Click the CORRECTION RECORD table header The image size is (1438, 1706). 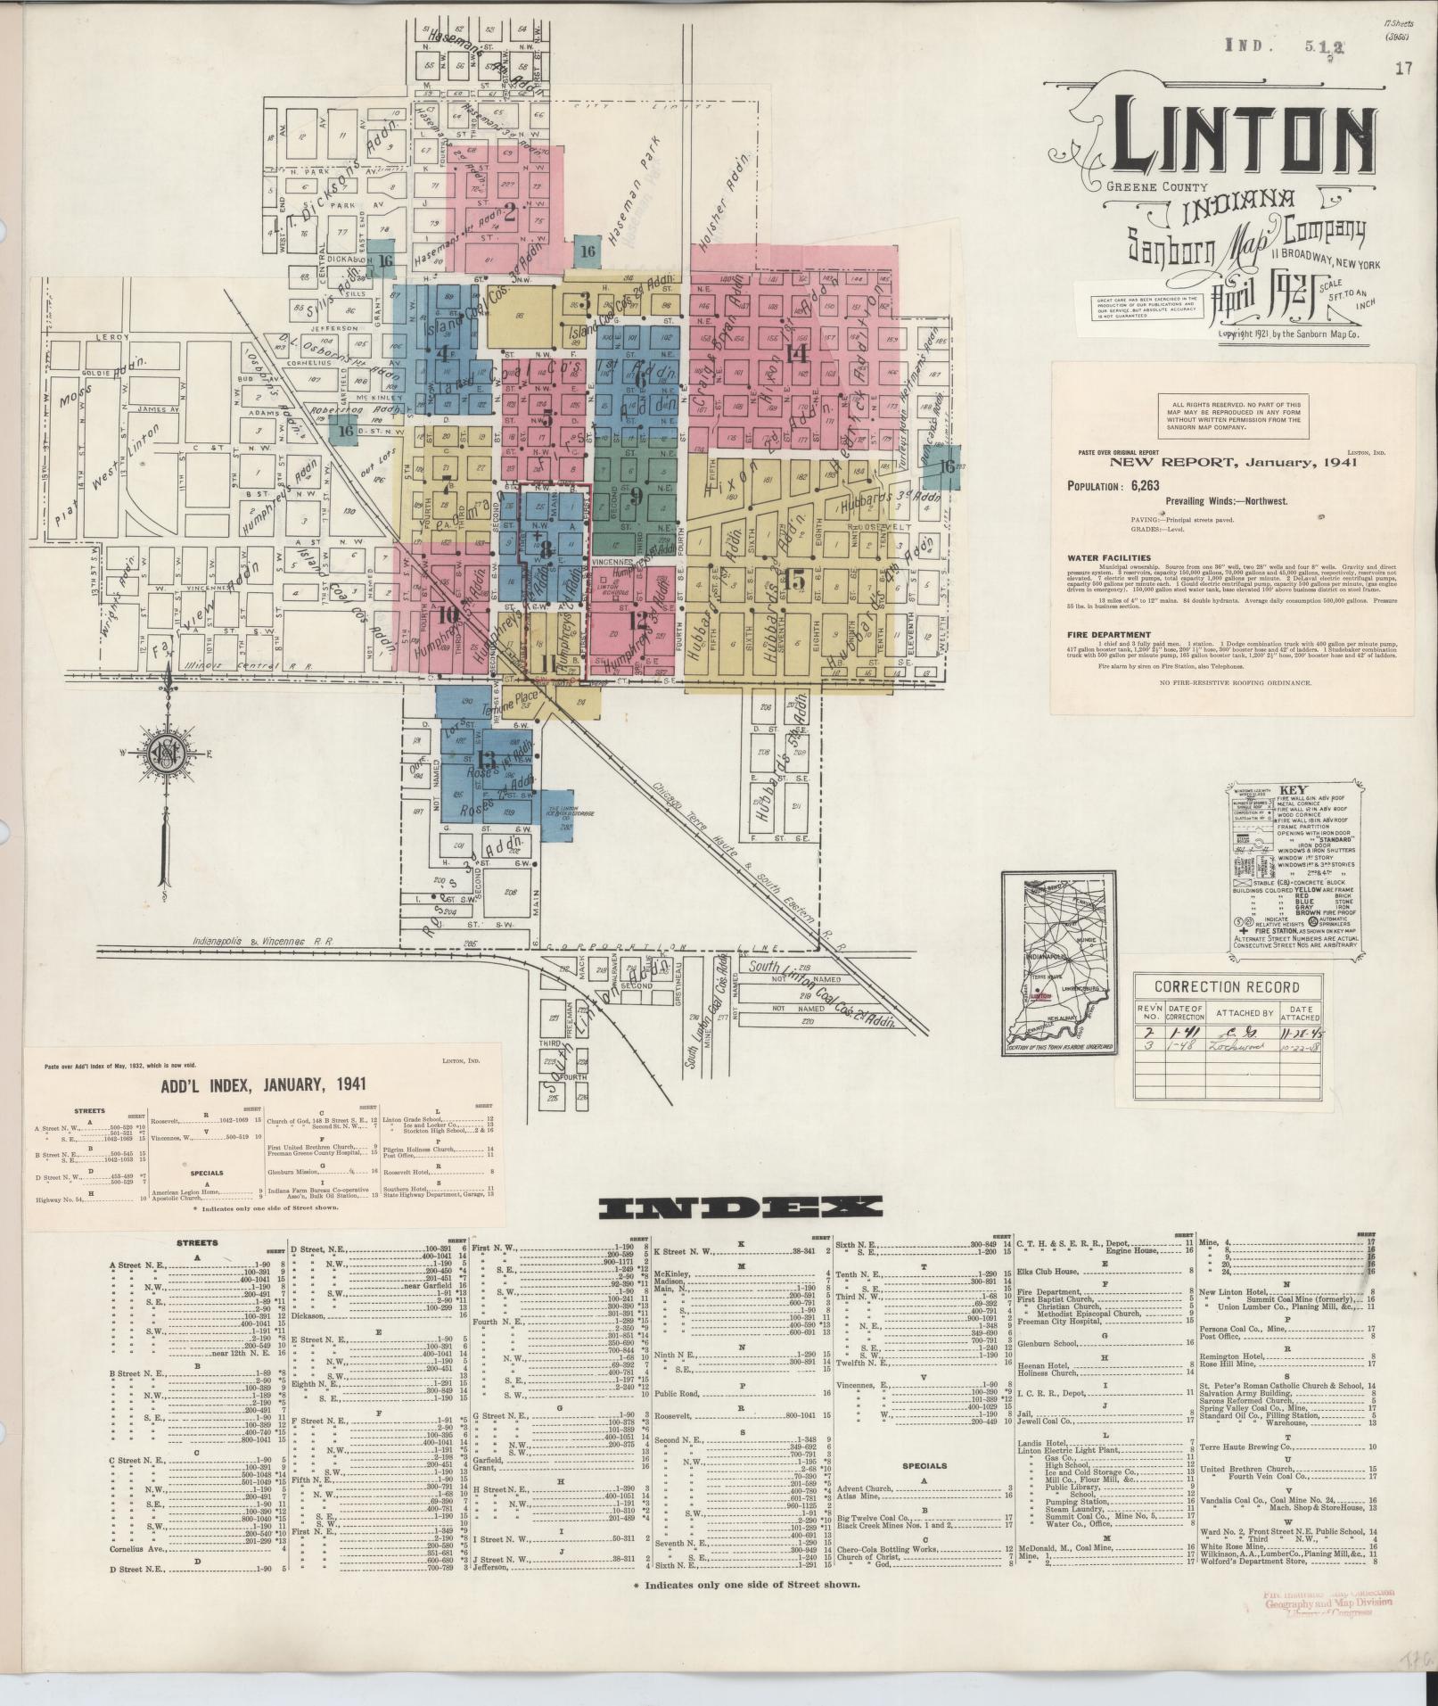coord(1226,987)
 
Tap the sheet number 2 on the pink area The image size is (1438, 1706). coord(510,212)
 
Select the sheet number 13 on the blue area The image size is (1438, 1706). coord(486,760)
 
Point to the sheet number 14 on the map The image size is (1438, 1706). coord(796,352)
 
